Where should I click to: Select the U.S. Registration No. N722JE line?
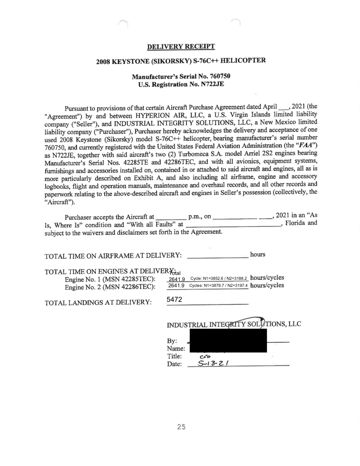180,84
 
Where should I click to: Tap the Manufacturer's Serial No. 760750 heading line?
180,76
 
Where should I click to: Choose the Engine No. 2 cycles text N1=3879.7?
211,286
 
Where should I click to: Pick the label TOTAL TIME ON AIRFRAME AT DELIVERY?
114,256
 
